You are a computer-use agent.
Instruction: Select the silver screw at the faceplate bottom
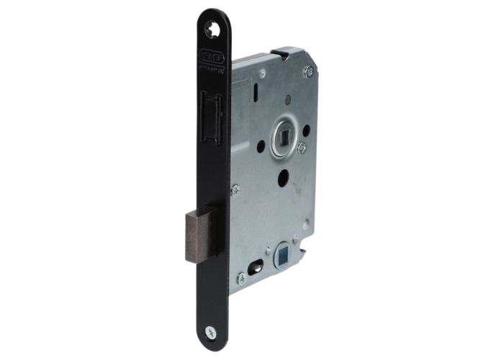pos(210,331)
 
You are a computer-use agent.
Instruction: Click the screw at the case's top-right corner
pos(308,71)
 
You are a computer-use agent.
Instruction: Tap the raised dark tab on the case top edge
pos(286,52)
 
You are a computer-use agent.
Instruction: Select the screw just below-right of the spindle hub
pos(302,147)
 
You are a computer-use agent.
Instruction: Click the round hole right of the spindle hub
pos(307,130)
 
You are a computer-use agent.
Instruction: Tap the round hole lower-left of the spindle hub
pos(261,146)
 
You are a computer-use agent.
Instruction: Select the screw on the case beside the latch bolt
pos(235,190)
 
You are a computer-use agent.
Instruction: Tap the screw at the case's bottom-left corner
pos(240,277)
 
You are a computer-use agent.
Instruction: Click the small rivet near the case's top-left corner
pos(262,73)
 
